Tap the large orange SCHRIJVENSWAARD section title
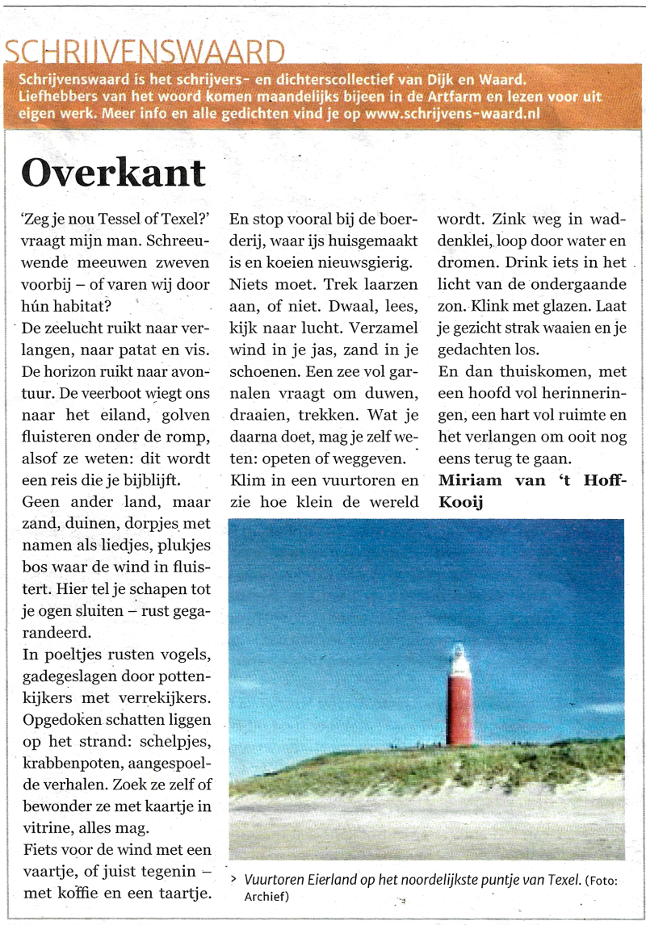[145, 53]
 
